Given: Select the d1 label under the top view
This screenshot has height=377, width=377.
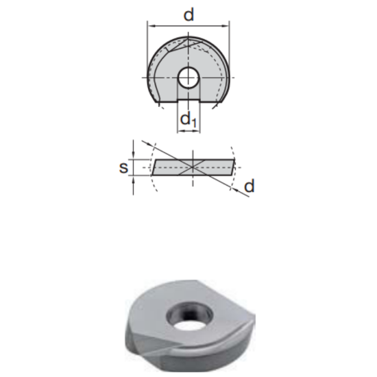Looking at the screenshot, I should pos(188,121).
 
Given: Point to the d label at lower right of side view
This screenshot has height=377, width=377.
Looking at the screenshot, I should pos(249,186).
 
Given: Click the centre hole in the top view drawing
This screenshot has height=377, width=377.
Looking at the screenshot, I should pos(188,77).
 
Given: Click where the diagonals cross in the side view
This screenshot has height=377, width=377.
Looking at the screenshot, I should pos(194,166).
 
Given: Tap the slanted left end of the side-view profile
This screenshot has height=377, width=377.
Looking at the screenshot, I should pos(154,167).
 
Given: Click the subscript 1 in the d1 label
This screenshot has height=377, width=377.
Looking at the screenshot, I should pos(194,124).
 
